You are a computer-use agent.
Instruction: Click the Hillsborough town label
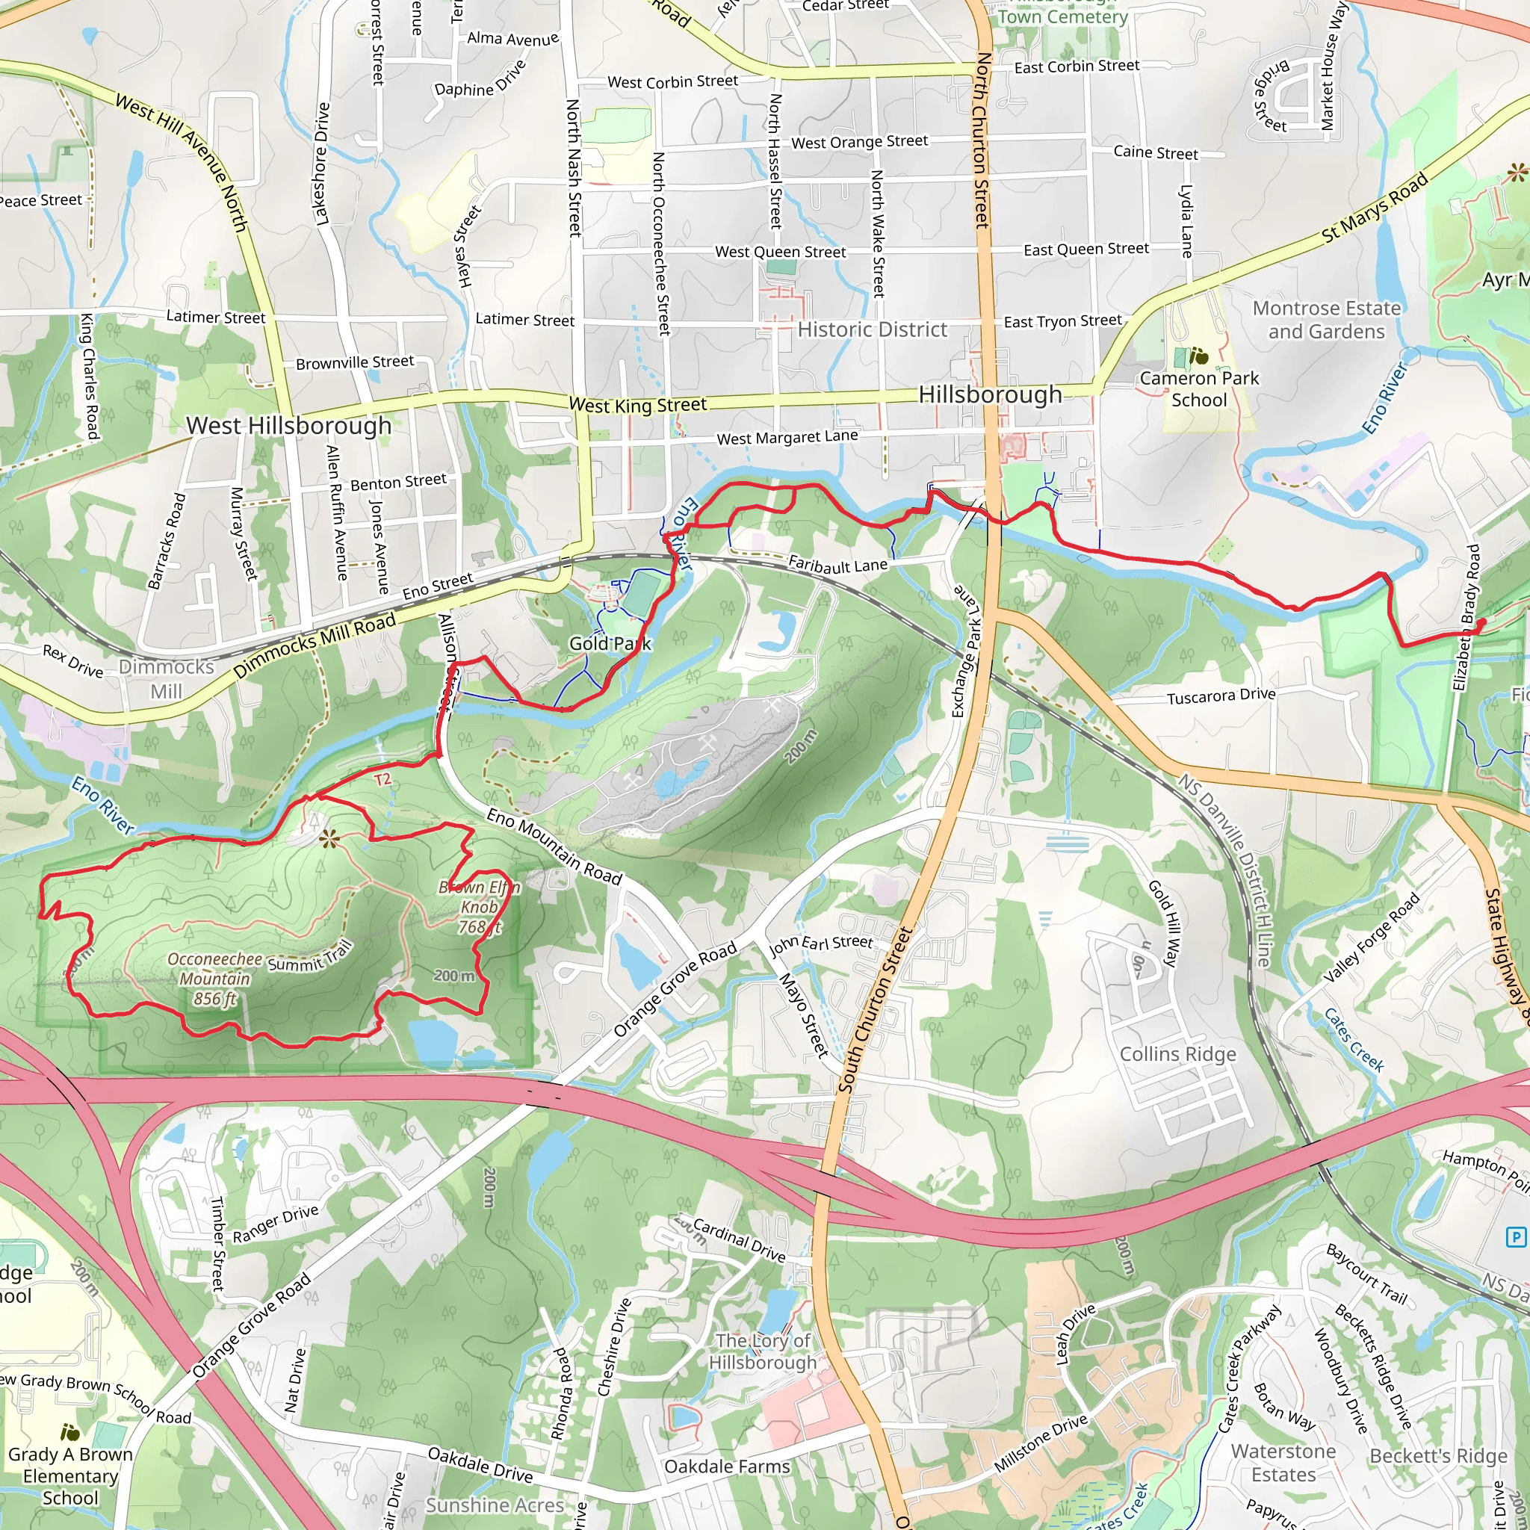click(x=990, y=394)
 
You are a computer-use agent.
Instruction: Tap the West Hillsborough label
click(x=288, y=425)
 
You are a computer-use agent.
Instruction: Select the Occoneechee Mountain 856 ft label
click(x=214, y=979)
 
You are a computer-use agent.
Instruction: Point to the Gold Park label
click(x=610, y=643)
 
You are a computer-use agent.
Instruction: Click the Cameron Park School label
click(x=1199, y=388)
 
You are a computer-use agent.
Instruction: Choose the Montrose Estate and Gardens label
click(x=1327, y=320)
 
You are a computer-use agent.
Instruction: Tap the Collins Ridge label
click(x=1177, y=1054)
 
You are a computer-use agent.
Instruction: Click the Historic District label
click(x=872, y=329)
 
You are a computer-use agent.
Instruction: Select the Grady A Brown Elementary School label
click(x=69, y=1476)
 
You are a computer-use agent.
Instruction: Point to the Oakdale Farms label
click(x=727, y=1466)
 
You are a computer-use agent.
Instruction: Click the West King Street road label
click(x=637, y=405)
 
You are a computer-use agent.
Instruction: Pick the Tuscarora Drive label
click(x=1221, y=696)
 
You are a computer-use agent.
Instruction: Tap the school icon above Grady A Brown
click(x=70, y=1432)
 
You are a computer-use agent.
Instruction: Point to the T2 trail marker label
click(x=382, y=780)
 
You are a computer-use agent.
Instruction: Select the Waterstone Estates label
click(x=1283, y=1464)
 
